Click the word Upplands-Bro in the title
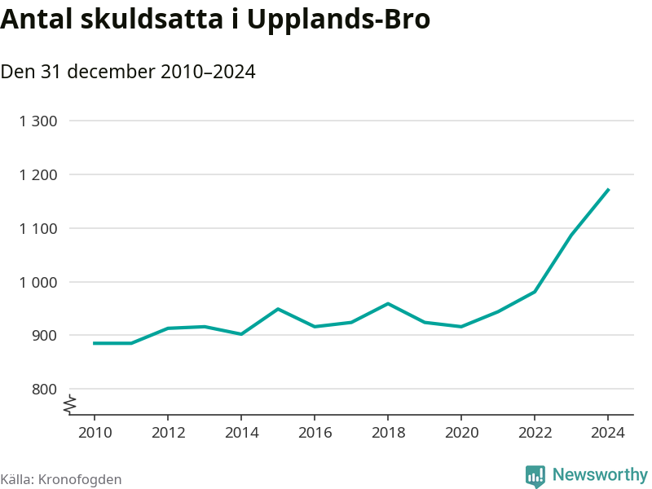(337, 20)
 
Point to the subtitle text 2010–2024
(208, 72)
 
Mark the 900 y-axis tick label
(45, 336)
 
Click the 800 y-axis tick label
(45, 390)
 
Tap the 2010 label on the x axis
(95, 432)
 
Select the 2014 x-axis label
(241, 432)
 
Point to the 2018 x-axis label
(388, 432)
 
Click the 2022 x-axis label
(535, 432)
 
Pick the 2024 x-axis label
(608, 432)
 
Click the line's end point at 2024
(608, 190)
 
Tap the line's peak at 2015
(278, 309)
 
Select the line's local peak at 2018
(388, 304)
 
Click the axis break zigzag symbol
(70, 402)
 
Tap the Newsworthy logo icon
(535, 476)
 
